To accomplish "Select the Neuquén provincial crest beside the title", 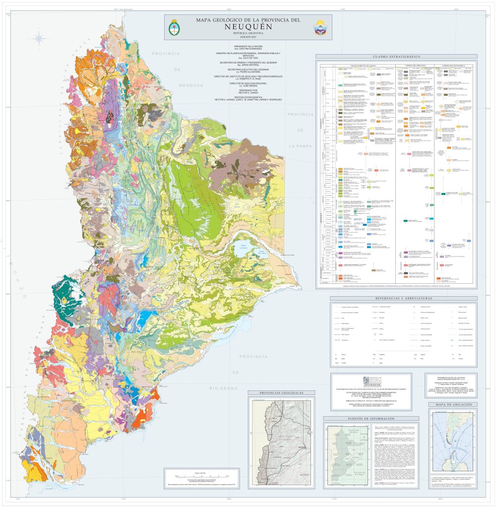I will (318, 28).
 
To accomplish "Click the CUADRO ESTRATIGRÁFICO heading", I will (396, 57).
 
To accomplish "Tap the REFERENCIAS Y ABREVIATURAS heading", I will (396, 298).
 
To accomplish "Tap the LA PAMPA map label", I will (300, 146).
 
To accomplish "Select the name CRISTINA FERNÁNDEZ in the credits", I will (247, 49).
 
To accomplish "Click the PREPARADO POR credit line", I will (247, 90).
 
